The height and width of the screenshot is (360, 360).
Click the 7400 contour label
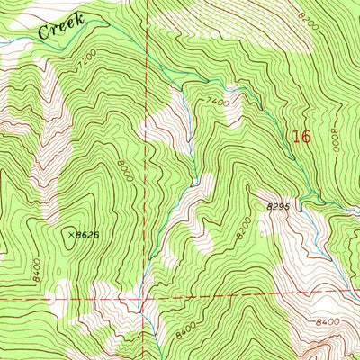[x=217, y=103]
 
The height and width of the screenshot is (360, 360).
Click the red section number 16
[x=301, y=137]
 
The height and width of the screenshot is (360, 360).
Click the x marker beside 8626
[x=69, y=233]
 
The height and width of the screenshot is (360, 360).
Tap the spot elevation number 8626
[x=85, y=235]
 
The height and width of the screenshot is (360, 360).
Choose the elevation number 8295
[x=279, y=208]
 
